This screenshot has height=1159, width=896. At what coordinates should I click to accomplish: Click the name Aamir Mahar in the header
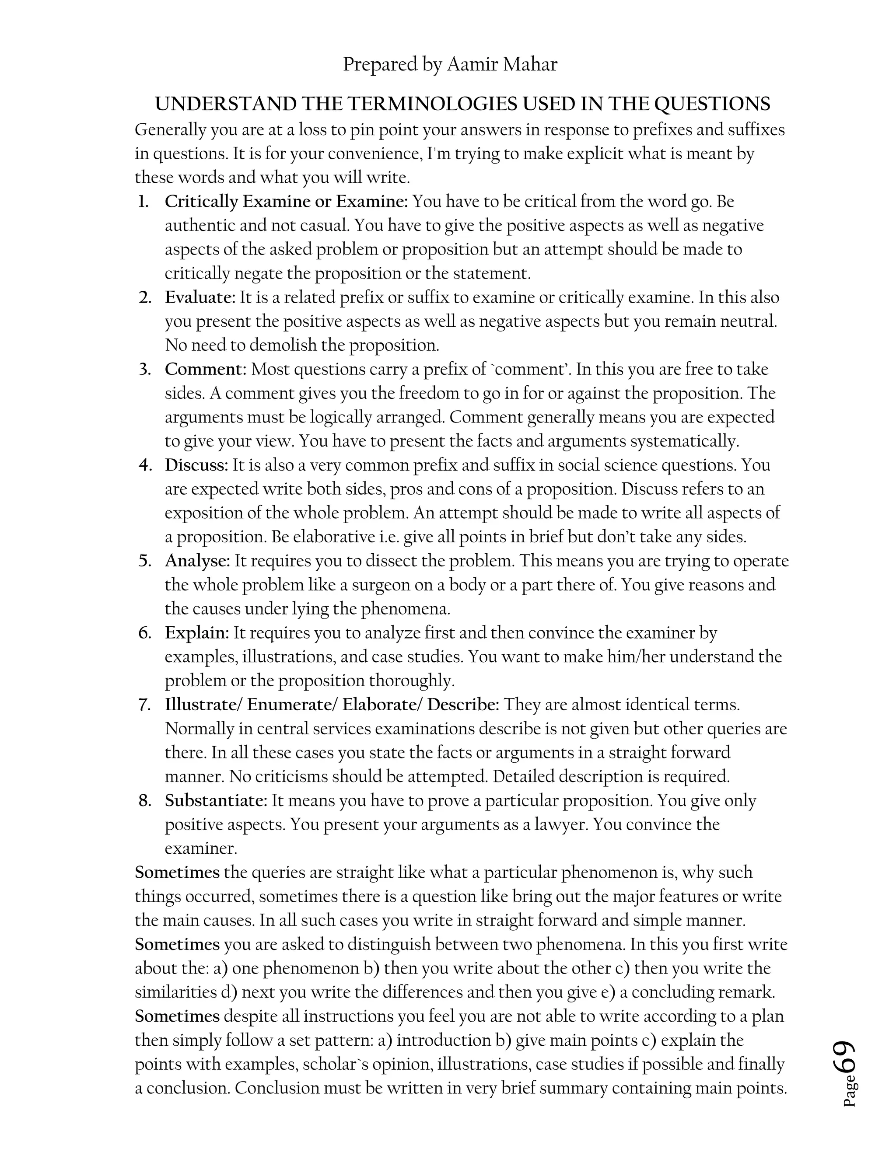[502, 65]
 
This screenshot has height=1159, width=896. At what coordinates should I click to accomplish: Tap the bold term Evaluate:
[199, 297]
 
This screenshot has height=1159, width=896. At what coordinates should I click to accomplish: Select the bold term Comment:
[206, 370]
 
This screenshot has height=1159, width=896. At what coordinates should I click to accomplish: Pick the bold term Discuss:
[196, 465]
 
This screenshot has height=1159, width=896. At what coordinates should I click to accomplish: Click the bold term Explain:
[196, 632]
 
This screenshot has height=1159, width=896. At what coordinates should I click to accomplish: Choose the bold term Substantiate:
[216, 800]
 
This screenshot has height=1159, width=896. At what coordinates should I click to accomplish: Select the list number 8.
[145, 800]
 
